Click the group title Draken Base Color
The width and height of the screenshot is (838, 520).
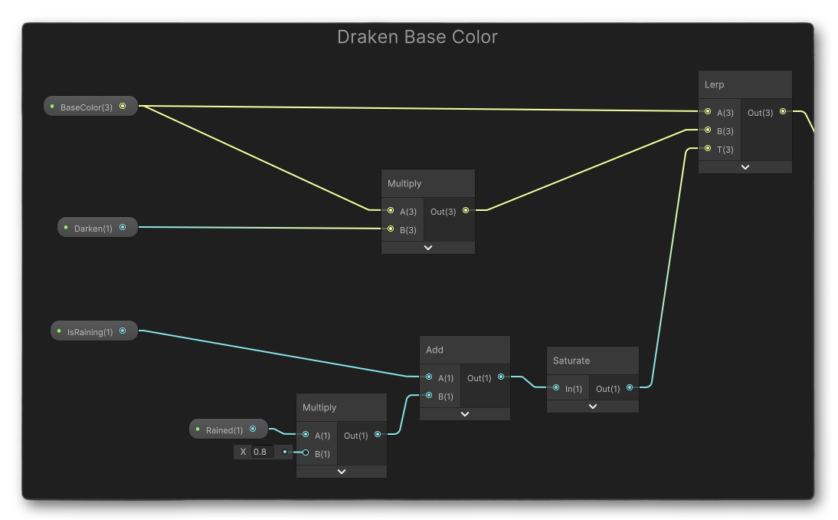point(417,37)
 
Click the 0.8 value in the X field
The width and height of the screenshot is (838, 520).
point(260,452)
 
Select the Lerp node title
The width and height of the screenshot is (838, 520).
point(715,84)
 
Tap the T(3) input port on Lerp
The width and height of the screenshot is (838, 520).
point(708,149)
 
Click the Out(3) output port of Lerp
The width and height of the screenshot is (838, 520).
point(782,112)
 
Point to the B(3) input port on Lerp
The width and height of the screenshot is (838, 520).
point(708,130)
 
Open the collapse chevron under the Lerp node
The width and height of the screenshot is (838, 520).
point(745,167)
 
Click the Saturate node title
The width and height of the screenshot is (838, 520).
point(571,360)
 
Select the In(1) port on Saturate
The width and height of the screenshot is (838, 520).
point(556,388)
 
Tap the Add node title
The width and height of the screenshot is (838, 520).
point(434,350)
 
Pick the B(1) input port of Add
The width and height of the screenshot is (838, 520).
point(429,396)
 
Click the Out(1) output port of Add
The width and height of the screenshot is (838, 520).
point(501,377)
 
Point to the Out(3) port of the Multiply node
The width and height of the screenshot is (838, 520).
point(465,211)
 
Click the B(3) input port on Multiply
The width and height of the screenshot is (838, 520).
point(391,229)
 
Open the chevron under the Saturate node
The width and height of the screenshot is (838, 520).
point(592,406)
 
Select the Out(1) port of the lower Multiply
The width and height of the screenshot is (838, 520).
point(378,435)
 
